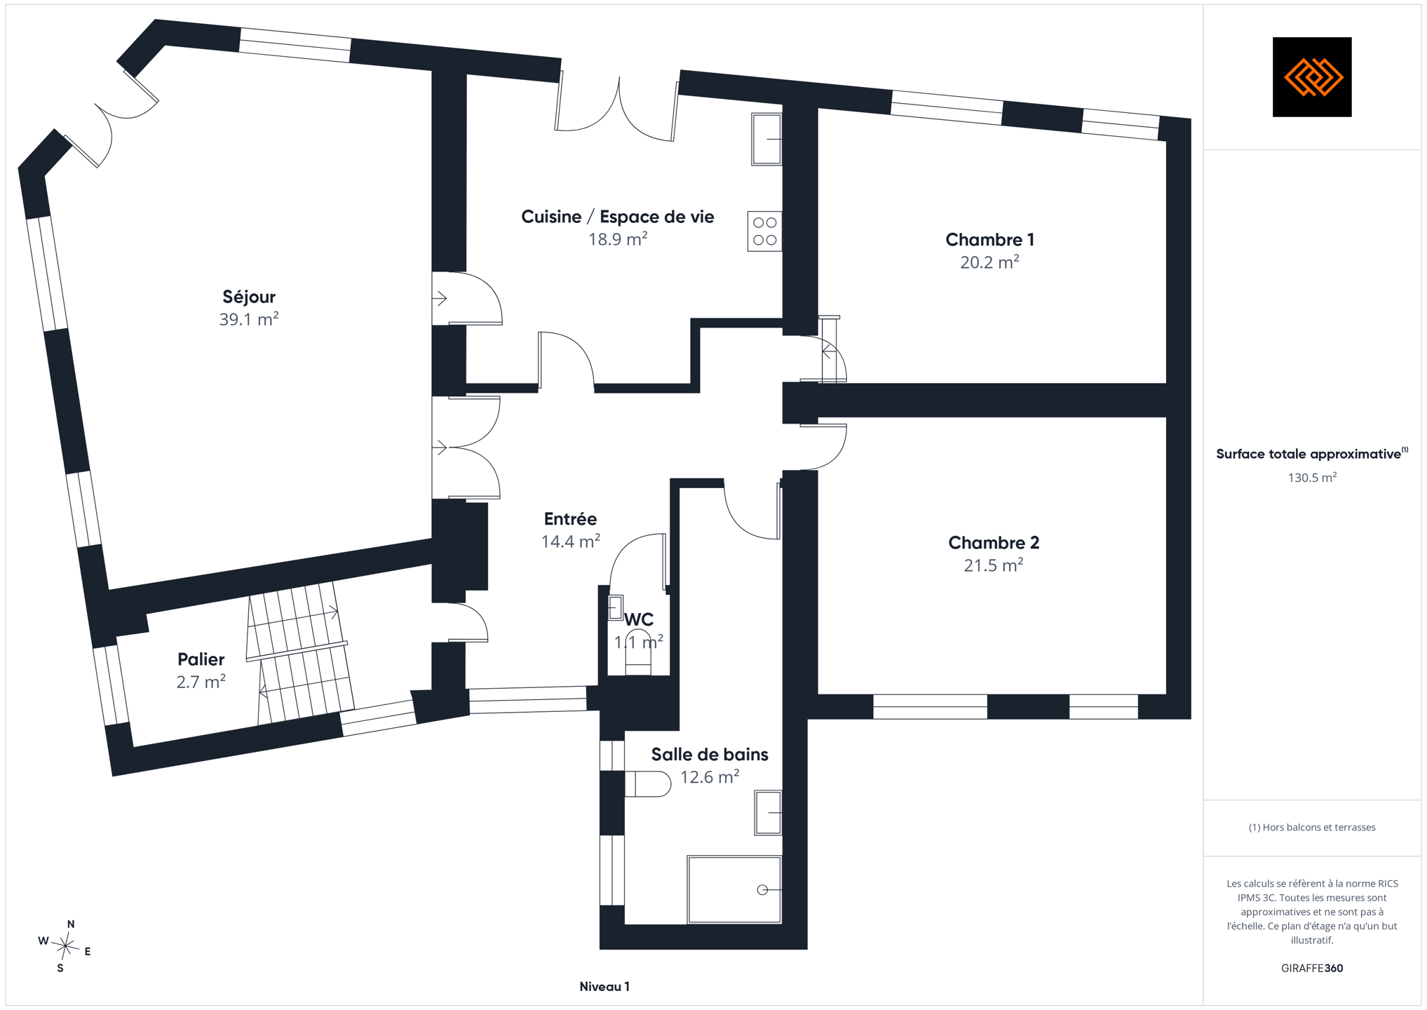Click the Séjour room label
(x=249, y=297)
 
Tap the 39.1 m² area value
(x=249, y=320)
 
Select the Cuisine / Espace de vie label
(x=618, y=217)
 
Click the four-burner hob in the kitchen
(x=764, y=231)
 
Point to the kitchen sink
(x=766, y=139)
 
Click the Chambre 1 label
(x=989, y=240)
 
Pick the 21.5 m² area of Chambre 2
(x=994, y=565)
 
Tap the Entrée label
(x=570, y=519)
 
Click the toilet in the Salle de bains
(x=648, y=784)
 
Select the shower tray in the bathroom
(x=734, y=889)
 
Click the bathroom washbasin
(x=768, y=813)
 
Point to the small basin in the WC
(x=616, y=607)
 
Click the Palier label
(x=201, y=659)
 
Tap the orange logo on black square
(x=1312, y=77)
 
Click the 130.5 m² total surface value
(x=1312, y=478)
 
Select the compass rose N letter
(x=71, y=924)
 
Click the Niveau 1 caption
(x=604, y=987)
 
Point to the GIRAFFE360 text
(x=1312, y=969)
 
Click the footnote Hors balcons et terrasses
(x=1312, y=828)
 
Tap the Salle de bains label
(x=710, y=755)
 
